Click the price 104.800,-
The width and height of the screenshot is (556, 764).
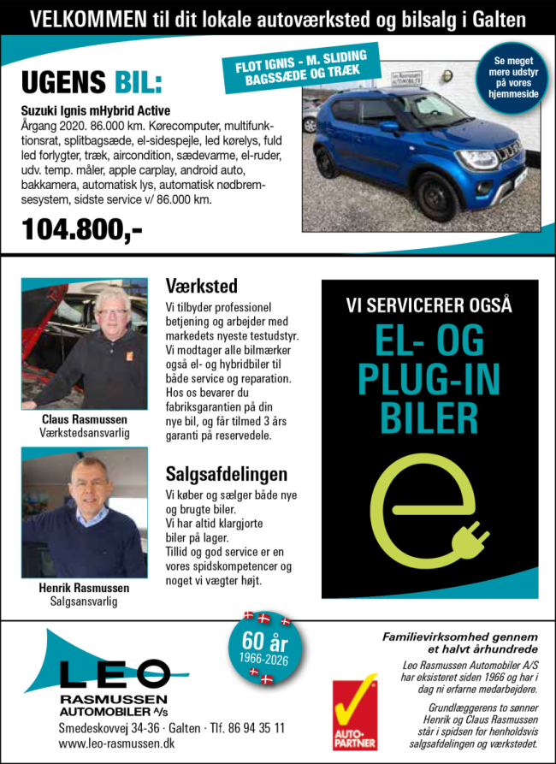point(82,230)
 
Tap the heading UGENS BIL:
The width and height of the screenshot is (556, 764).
point(91,83)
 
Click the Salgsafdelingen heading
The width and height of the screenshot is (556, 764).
point(226,473)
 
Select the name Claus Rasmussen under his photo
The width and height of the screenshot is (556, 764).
point(85,420)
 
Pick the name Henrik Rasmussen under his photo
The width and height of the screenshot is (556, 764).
point(84,588)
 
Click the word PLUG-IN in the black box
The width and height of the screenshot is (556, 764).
point(429,377)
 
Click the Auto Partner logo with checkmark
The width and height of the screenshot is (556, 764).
point(355,710)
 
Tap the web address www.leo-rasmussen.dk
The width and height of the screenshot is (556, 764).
point(117,744)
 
